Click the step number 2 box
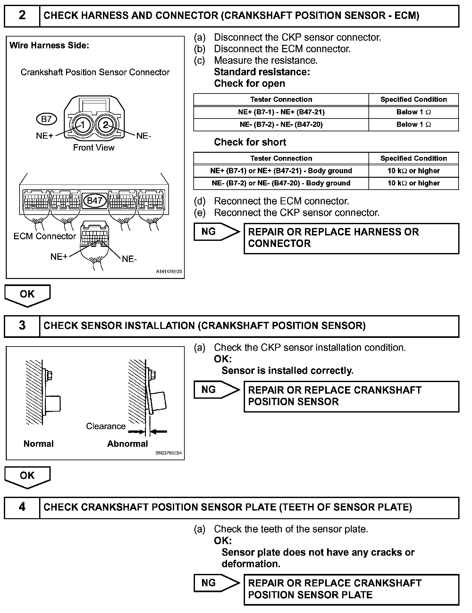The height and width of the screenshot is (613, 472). point(22,15)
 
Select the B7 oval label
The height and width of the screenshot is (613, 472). point(46,119)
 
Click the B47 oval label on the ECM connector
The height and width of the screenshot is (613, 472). point(95,201)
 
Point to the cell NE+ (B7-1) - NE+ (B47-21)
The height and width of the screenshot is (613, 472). point(281,112)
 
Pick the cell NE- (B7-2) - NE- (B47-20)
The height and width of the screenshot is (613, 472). point(281,125)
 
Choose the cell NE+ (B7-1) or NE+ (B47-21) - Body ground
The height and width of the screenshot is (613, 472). point(281,171)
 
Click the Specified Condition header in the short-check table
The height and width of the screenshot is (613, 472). point(413,158)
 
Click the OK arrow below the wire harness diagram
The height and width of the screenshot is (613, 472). point(27,295)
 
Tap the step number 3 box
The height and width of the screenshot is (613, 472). point(22,326)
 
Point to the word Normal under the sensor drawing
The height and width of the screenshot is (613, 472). point(38,444)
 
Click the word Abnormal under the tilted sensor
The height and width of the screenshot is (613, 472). point(127,444)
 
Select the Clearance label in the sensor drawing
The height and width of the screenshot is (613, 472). point(105,426)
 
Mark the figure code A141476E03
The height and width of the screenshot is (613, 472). point(169,272)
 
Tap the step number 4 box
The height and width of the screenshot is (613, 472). point(22,507)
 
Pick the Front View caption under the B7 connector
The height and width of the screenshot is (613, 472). point(94,148)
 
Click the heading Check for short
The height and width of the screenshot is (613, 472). point(250,142)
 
